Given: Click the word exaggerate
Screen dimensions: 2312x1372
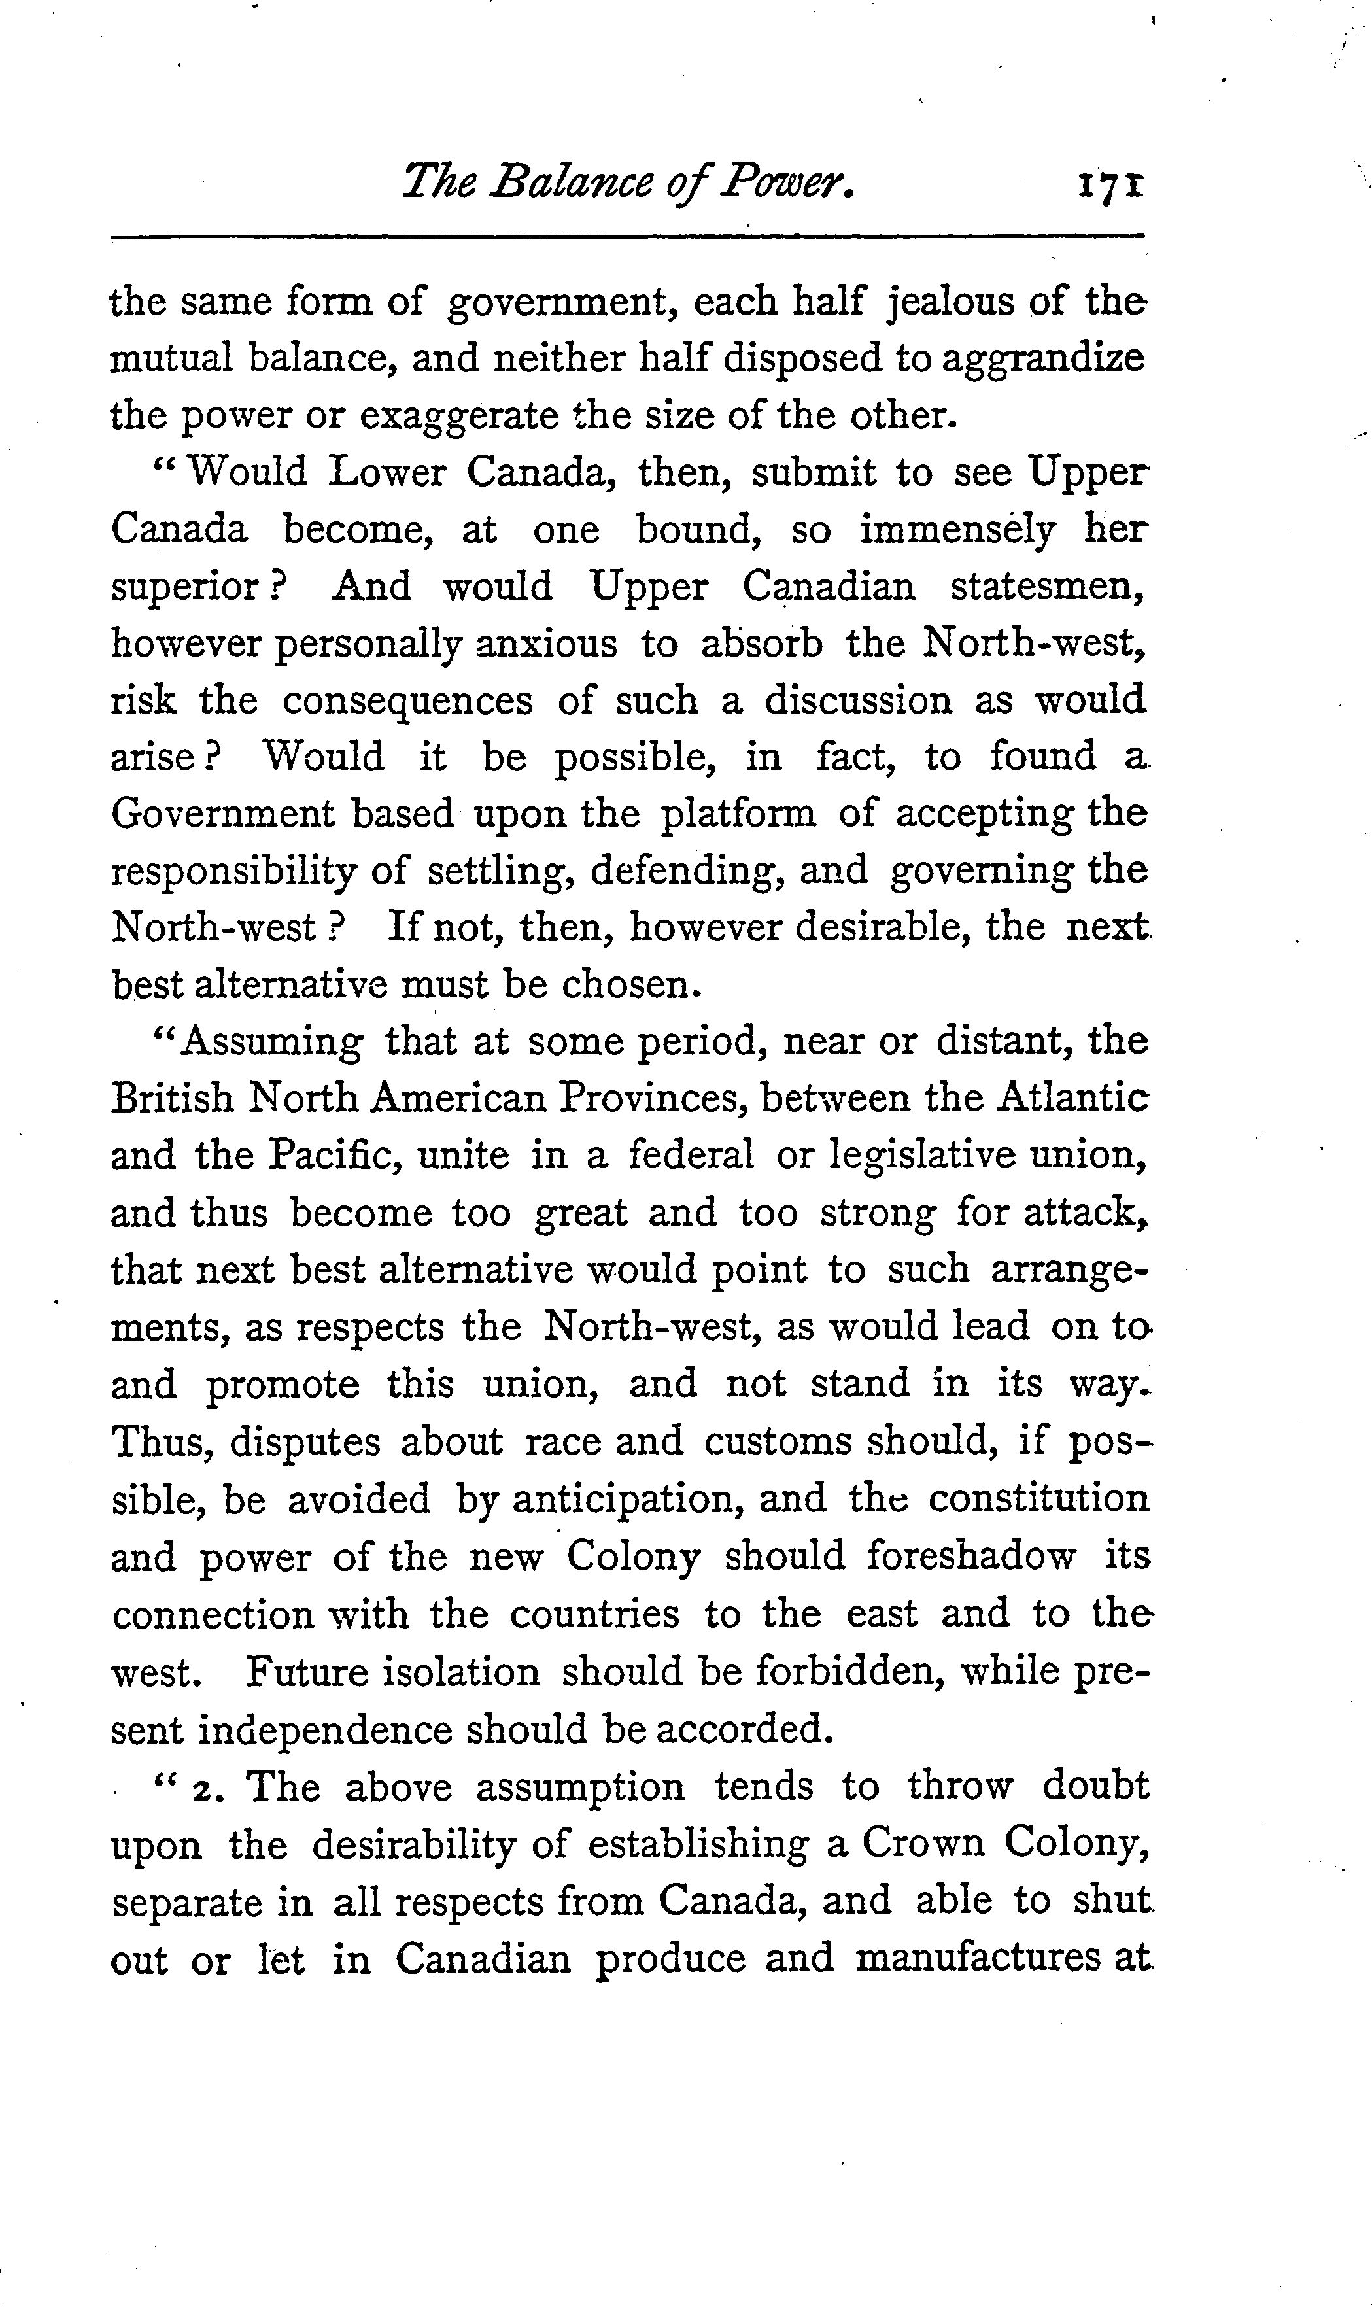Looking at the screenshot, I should [x=458, y=417].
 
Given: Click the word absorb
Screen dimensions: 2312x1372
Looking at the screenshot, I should [x=762, y=644].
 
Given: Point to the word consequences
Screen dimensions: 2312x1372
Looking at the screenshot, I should [x=407, y=700].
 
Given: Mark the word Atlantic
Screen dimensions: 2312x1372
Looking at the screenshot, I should [x=1074, y=1098].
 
